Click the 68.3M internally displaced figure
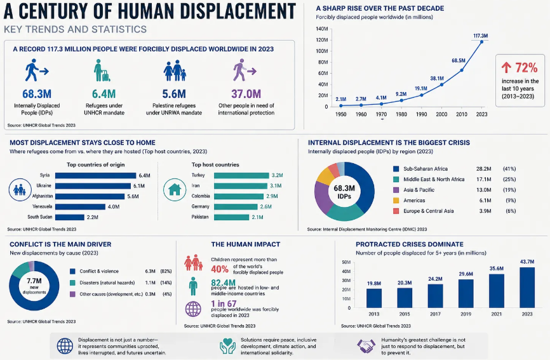[x=37, y=94]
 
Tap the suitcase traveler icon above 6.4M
[x=102, y=70]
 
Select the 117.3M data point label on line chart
[x=481, y=36]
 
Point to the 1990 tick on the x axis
[x=421, y=114]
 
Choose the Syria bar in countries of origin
[x=95, y=175]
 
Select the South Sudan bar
[x=69, y=217]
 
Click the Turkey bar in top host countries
[x=241, y=175]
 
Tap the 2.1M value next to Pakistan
[x=257, y=217]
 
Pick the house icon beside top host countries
[x=175, y=190]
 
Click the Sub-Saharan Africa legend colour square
[x=396, y=169]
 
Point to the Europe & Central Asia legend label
[x=428, y=211]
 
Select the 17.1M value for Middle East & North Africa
[x=484, y=180]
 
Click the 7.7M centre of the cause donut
[x=34, y=281]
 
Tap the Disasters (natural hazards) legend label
[x=107, y=283]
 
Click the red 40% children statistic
[x=220, y=269]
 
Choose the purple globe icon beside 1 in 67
[x=193, y=309]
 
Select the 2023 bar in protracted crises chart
[x=527, y=288]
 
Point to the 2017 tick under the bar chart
[x=435, y=314]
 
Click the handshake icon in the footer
[x=366, y=346]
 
